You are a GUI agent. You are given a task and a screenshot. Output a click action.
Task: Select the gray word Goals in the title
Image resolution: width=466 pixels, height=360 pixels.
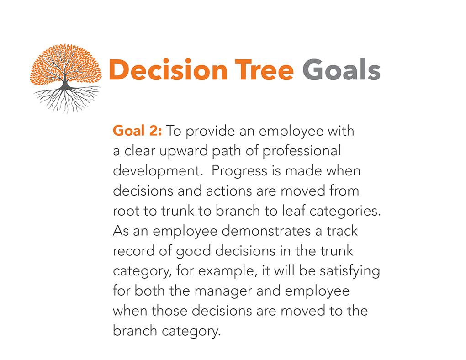pyautogui.click(x=341, y=69)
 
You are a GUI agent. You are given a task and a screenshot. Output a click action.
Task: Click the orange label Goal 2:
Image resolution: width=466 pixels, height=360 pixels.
pyautogui.click(x=138, y=131)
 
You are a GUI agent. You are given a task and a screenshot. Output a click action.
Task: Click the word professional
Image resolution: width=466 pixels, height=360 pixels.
pyautogui.click(x=302, y=151)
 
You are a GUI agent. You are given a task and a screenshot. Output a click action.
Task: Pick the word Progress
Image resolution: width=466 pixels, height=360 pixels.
pyautogui.click(x=239, y=171)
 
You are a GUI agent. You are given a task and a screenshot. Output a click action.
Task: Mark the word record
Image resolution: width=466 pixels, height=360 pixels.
pyautogui.click(x=133, y=251)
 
